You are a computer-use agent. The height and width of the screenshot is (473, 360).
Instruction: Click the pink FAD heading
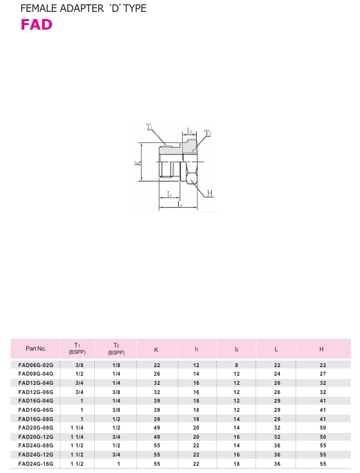(36, 25)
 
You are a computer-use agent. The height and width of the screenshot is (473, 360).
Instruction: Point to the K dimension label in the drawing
(138, 163)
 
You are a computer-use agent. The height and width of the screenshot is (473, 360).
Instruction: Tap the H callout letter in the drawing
(210, 193)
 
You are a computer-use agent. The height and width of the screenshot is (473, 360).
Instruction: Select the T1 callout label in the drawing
(149, 127)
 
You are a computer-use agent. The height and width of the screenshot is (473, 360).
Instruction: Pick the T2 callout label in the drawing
(207, 133)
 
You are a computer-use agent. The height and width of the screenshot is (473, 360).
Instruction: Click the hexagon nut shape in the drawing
(191, 178)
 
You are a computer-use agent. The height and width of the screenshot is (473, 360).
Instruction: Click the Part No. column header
(36, 349)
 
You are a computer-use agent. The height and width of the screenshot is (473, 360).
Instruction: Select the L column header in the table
(276, 349)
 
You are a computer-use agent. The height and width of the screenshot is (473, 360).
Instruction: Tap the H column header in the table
(321, 349)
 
